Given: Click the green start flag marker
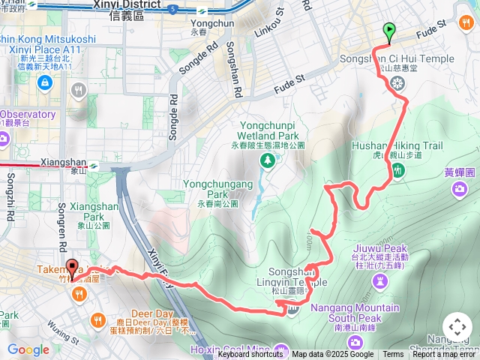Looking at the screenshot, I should coord(389,32).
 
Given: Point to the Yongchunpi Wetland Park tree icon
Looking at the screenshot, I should coord(266,160).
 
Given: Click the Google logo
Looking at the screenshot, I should coord(28,349).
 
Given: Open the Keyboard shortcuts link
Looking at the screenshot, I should coord(250,355).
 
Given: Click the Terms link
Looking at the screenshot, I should coord(393,355).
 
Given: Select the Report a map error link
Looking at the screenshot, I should coord(444,355).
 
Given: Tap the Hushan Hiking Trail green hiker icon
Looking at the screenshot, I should coord(397,171).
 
